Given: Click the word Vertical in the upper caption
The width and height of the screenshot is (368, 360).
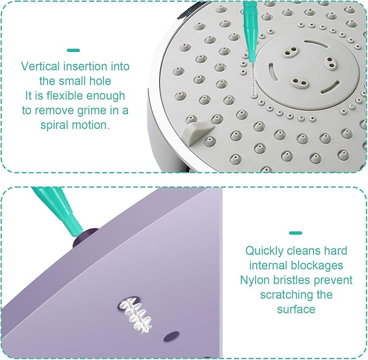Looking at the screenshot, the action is point(40,67).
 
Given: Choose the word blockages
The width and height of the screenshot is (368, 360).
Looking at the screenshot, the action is point(317,266).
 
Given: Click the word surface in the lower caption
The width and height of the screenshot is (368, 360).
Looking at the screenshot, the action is point(296,309).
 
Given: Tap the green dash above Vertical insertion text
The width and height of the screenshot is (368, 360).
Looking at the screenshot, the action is point(74,50).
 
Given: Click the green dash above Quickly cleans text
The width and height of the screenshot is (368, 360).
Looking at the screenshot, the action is point(295,233).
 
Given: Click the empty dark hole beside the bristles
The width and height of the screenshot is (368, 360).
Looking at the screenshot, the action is point(171,336).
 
